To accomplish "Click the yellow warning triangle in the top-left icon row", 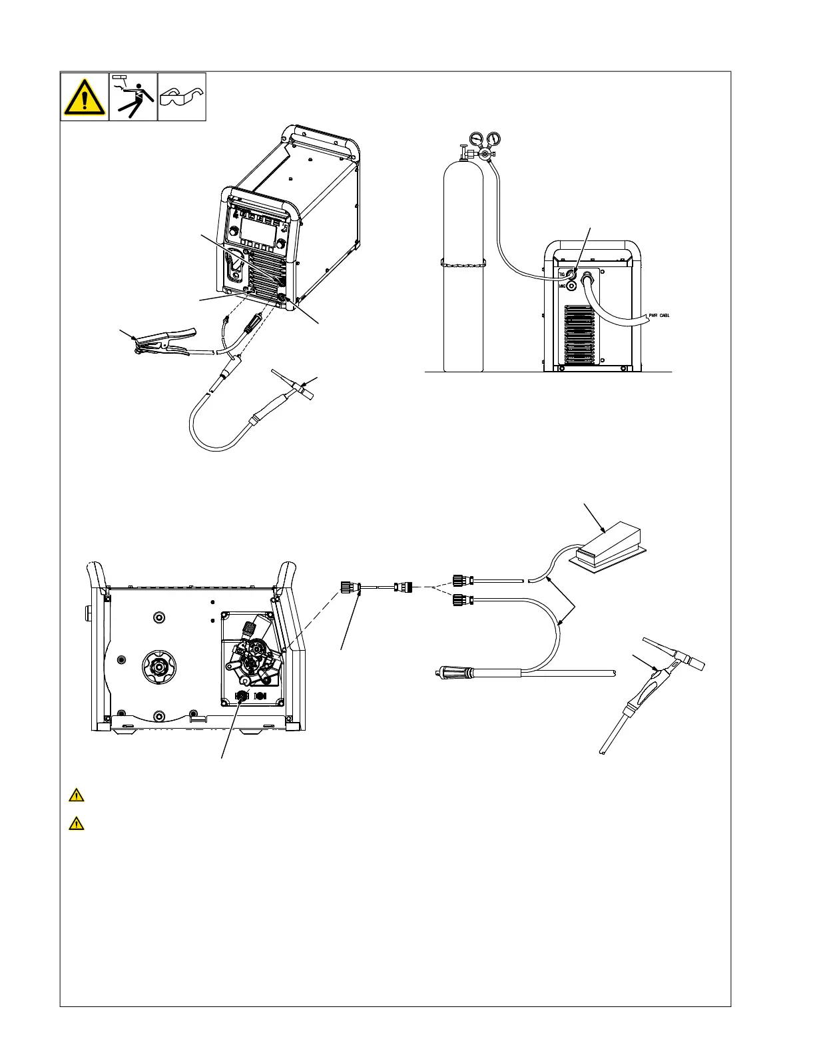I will (85, 97).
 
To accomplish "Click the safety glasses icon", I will (182, 97).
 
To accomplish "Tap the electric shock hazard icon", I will (133, 97).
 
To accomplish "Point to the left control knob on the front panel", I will (233, 232).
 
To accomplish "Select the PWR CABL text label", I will (659, 315).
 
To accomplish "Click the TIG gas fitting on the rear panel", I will (570, 274).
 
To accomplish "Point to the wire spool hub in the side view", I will (158, 665).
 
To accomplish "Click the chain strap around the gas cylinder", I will (463, 261).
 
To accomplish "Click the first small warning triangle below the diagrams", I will (77, 795).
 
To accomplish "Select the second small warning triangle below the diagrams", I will (77, 824).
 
